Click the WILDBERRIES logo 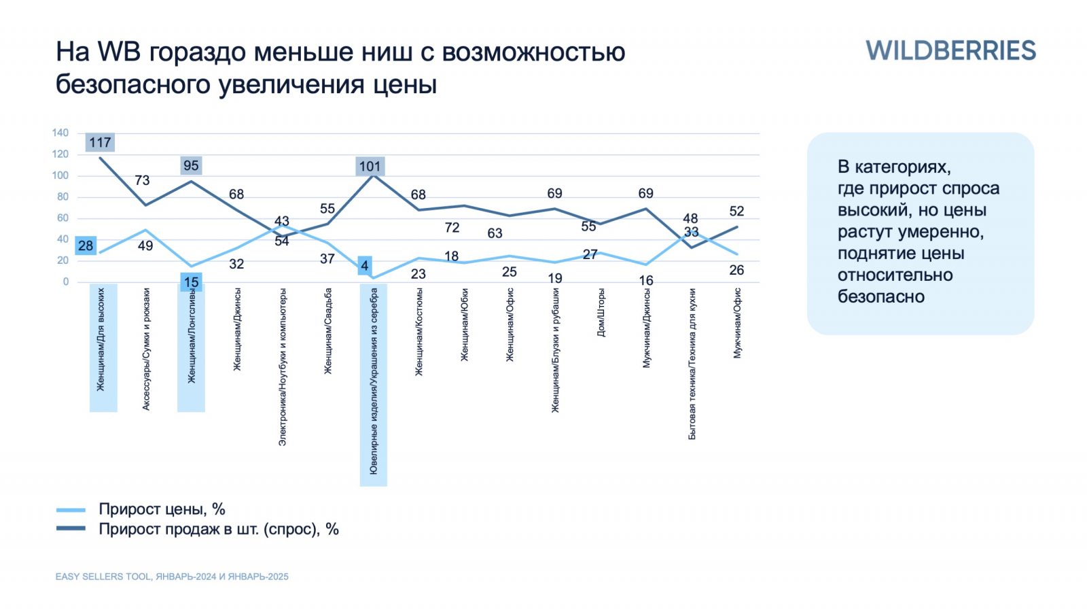[950, 51]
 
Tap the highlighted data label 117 [100, 143]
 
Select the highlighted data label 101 [370, 167]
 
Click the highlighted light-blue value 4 [365, 266]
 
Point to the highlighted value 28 [86, 245]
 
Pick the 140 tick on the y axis [60, 133]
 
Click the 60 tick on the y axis [63, 218]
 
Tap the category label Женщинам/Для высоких [101, 339]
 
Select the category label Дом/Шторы [601, 312]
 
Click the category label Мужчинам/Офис [738, 323]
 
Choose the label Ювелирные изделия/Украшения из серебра [374, 381]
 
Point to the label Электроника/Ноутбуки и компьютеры [283, 367]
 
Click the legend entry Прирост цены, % [162, 509]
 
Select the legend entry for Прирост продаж [218, 529]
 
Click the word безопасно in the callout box [880, 297]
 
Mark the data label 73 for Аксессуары [142, 180]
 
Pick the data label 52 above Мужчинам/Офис [736, 211]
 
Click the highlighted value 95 [191, 166]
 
